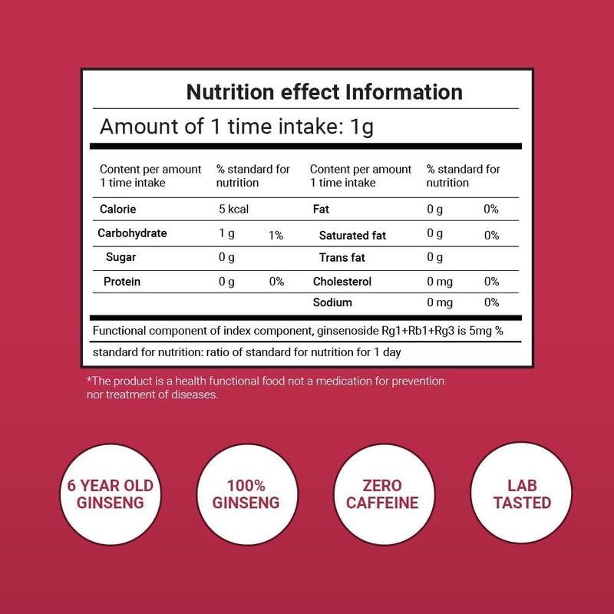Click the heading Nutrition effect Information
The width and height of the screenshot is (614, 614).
tap(325, 93)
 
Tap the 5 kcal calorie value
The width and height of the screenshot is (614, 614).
tap(233, 209)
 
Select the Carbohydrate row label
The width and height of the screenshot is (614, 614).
tap(133, 233)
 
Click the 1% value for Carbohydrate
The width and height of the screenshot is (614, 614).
tap(276, 236)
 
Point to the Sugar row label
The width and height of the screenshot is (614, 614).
tap(121, 257)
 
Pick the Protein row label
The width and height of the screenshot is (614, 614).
tap(122, 282)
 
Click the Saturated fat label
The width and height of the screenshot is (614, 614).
tap(354, 236)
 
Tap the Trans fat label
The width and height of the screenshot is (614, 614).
tap(341, 258)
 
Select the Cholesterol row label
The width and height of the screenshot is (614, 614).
tap(342, 282)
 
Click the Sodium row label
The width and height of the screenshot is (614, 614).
tap(333, 302)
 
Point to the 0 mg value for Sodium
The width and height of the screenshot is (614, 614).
tap(440, 302)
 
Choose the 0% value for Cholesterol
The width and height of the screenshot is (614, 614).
tap(492, 282)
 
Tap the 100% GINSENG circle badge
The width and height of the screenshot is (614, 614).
tap(247, 494)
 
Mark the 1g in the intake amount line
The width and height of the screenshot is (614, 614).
tap(361, 127)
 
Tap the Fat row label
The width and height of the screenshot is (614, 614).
tap(322, 209)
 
